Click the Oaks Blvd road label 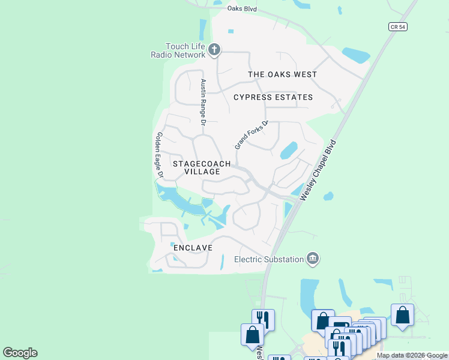242,8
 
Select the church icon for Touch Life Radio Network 215,50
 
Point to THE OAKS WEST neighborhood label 283,74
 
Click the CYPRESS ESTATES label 273,97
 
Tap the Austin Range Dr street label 203,101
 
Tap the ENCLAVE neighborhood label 193,247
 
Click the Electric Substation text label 270,259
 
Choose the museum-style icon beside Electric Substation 313,259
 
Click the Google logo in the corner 20,353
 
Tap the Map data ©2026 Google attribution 412,355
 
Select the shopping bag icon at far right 402,315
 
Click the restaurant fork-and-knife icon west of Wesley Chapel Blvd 263,319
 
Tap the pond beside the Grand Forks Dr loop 289,149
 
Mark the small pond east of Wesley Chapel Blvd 328,196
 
